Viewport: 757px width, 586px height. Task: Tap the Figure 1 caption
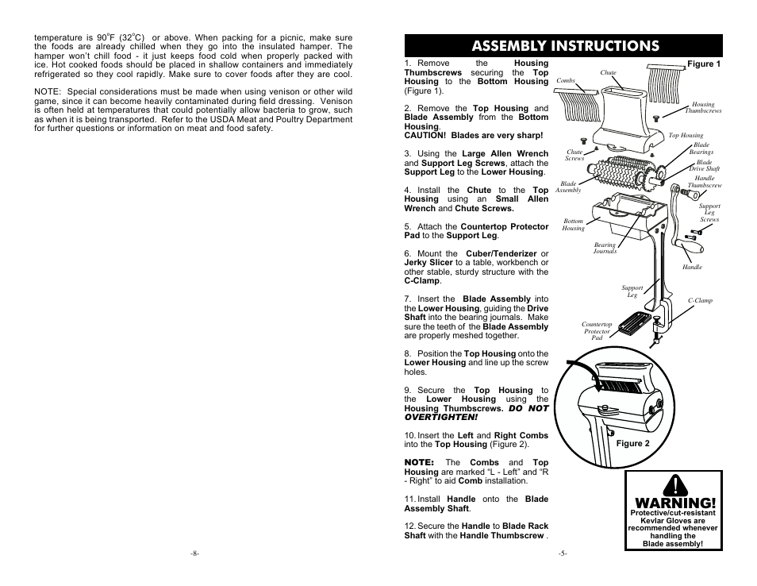(x=703, y=64)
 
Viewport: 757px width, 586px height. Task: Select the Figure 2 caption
(x=632, y=444)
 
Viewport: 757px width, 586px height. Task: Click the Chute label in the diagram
(x=608, y=73)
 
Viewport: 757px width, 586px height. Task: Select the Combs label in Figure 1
(x=566, y=80)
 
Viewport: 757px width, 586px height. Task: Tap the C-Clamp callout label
(x=700, y=301)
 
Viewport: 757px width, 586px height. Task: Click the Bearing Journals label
(x=605, y=249)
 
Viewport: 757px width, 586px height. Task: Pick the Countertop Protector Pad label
(x=597, y=331)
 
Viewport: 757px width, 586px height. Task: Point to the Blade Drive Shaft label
(x=705, y=165)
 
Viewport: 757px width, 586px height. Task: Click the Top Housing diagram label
(x=686, y=136)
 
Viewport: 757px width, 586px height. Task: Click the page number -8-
(x=194, y=553)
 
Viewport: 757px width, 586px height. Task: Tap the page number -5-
(x=563, y=553)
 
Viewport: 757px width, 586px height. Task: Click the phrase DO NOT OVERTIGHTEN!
(x=476, y=413)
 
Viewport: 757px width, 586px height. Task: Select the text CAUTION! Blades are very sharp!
(x=462, y=136)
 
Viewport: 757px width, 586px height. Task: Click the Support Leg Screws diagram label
(x=709, y=213)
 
